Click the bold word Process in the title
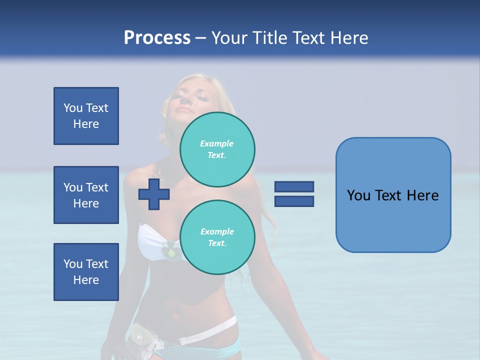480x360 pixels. [x=157, y=38]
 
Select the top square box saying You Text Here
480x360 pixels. [x=86, y=116]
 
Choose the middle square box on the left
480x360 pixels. [x=86, y=195]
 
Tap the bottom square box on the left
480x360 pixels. [x=86, y=272]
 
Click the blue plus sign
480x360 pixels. [x=153, y=194]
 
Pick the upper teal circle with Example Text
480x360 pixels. [x=217, y=149]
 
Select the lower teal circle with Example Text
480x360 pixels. [x=217, y=237]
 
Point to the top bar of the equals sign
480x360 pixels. [x=294, y=187]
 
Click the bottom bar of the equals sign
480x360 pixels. [x=294, y=201]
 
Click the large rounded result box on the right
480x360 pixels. [x=393, y=220]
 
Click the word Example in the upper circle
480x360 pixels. [x=217, y=143]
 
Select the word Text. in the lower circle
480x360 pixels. [x=217, y=243]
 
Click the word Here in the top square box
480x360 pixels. [x=86, y=124]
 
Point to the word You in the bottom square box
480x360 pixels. [x=73, y=264]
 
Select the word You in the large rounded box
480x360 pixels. [x=358, y=195]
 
